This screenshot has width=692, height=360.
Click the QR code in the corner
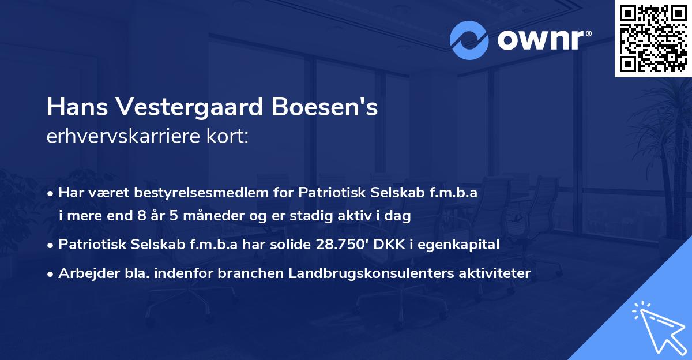tap(653, 39)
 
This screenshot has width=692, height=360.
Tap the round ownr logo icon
tap(469, 41)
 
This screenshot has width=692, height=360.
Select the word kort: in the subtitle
tap(228, 137)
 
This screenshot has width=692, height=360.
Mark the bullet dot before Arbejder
tap(51, 273)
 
